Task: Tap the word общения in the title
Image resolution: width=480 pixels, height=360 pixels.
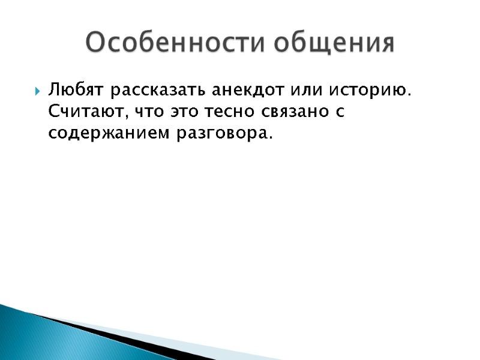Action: tap(339, 44)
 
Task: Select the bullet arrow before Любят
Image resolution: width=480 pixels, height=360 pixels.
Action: tap(37, 92)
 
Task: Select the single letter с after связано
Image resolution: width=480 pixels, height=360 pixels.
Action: tap(340, 112)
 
